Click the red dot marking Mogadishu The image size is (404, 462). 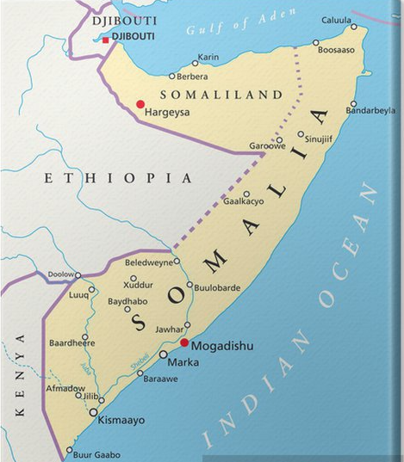click(x=183, y=342)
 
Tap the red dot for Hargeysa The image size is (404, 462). click(x=140, y=104)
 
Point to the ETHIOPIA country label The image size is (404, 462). click(x=119, y=178)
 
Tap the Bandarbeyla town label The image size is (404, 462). click(x=371, y=111)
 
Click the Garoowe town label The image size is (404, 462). click(x=267, y=146)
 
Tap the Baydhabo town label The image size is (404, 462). click(x=127, y=300)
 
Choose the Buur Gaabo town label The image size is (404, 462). click(x=97, y=454)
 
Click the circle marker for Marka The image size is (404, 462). click(x=163, y=354)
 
